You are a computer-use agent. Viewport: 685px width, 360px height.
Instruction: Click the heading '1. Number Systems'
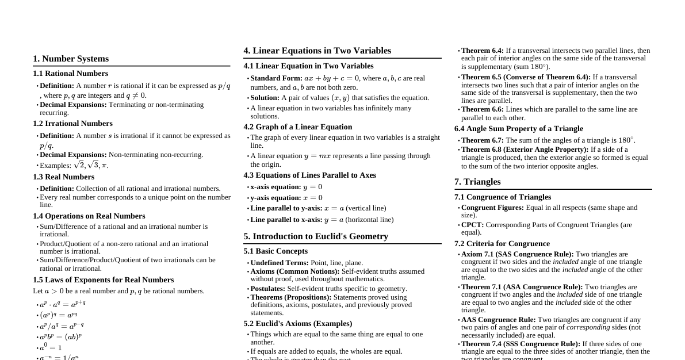pyautogui.click(x=71, y=59)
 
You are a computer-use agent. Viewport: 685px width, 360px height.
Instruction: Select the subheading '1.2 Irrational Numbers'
pyautogui.click(x=72, y=124)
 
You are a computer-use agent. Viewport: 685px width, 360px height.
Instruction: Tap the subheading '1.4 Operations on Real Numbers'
pyautogui.click(x=89, y=216)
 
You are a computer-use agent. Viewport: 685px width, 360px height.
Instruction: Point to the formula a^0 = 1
pyautogui.click(x=51, y=348)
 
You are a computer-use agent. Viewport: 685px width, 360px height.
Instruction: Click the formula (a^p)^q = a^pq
pyautogui.click(x=58, y=315)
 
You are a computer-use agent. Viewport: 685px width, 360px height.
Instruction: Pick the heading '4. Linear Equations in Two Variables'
pyautogui.click(x=317, y=51)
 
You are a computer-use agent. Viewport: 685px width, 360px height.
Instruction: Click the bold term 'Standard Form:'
pyautogui.click(x=276, y=78)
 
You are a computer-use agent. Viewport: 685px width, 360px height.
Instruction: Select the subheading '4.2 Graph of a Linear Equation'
pyautogui.click(x=297, y=127)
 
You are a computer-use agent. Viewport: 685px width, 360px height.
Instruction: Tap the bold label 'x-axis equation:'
pyautogui.click(x=275, y=187)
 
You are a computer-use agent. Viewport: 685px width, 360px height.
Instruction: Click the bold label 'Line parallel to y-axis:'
pyautogui.click(x=286, y=208)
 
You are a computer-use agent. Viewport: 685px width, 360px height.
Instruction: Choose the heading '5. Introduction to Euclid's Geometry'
pyautogui.click(x=316, y=236)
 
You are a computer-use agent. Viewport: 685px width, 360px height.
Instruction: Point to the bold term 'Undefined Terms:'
pyautogui.click(x=280, y=263)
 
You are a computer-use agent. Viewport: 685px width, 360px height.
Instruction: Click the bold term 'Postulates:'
pyautogui.click(x=267, y=289)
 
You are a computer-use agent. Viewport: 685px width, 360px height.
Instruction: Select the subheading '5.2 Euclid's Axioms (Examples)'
pyautogui.click(x=297, y=324)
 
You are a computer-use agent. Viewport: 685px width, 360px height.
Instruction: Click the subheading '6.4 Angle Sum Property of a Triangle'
pyautogui.click(x=518, y=129)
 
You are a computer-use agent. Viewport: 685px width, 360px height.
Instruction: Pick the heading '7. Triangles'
pyautogui.click(x=477, y=182)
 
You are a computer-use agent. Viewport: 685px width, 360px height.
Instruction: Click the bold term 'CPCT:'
pyautogui.click(x=472, y=225)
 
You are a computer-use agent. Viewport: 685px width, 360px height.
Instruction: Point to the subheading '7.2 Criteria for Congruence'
pyautogui.click(x=502, y=244)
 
